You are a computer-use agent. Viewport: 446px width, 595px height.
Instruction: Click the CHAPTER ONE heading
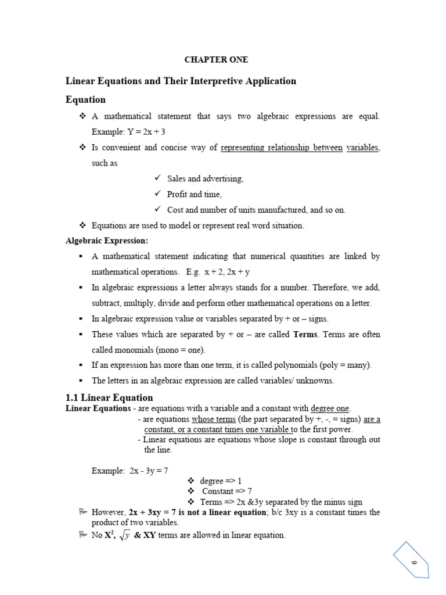216,60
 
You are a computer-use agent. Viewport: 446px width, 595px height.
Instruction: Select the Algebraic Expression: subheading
107,241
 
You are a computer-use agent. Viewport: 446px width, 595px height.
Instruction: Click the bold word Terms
305,335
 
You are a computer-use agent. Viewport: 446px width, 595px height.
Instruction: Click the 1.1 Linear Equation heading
110,397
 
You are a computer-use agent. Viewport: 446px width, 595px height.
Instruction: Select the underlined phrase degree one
330,408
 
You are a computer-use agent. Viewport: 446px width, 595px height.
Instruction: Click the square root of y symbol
123,536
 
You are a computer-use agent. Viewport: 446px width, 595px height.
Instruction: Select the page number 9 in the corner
415,562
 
